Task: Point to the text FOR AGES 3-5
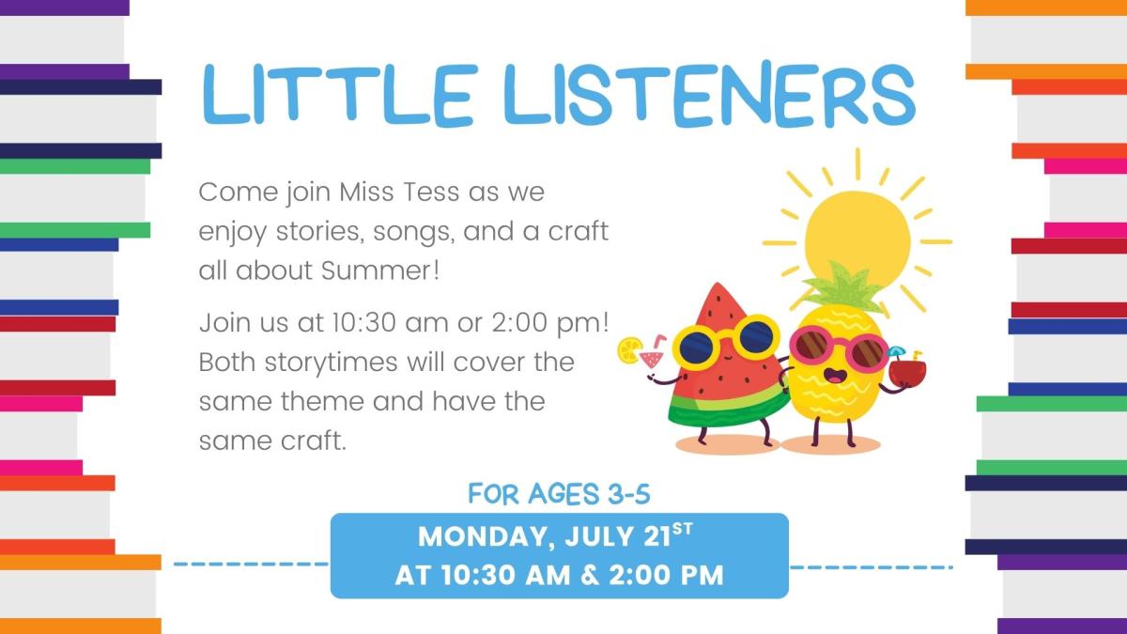point(559,494)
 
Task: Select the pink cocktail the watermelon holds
point(647,358)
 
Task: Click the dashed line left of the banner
point(251,565)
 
